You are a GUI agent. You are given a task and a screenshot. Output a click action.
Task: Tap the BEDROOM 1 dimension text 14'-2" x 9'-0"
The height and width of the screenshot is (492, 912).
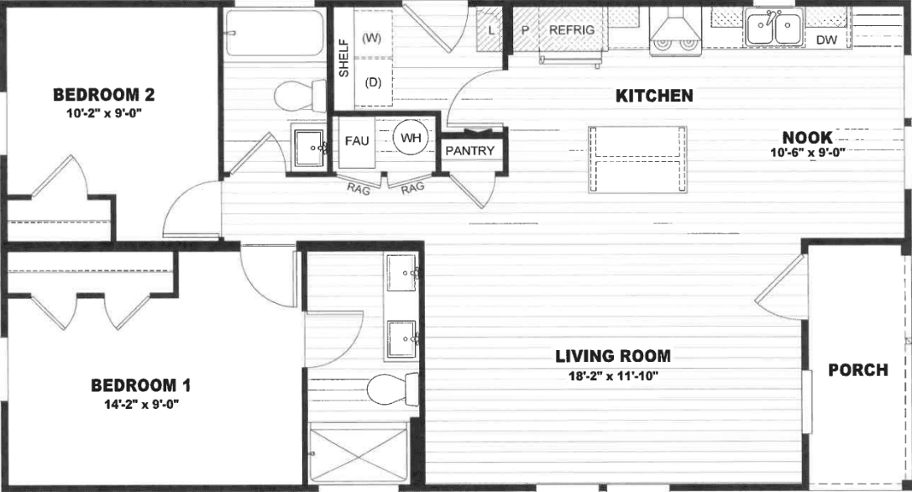click(x=140, y=404)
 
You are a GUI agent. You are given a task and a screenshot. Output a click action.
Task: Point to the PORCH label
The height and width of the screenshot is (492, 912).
click(x=857, y=369)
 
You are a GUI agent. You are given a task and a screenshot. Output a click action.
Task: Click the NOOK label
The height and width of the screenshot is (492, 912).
click(x=806, y=138)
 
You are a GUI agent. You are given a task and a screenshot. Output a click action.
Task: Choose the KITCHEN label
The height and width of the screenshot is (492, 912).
click(x=654, y=96)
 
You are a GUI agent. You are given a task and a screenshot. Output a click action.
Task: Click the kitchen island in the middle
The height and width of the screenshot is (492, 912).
click(x=637, y=160)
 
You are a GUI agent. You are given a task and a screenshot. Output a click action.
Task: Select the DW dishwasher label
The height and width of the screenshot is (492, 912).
click(x=826, y=39)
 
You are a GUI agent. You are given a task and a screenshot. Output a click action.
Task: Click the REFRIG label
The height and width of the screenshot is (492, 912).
click(x=571, y=29)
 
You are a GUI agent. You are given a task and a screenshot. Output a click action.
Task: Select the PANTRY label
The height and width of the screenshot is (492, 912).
click(x=469, y=150)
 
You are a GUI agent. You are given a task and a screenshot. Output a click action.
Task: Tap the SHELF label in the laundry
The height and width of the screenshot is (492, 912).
click(x=343, y=58)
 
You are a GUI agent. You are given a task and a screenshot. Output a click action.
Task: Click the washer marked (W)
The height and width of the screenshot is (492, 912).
click(x=372, y=38)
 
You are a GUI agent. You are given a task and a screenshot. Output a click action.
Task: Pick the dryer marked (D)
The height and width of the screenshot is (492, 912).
click(x=373, y=82)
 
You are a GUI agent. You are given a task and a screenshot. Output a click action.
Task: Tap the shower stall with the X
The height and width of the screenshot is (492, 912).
click(x=359, y=453)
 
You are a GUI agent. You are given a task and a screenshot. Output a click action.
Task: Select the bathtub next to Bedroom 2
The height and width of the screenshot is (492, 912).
click(x=275, y=34)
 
